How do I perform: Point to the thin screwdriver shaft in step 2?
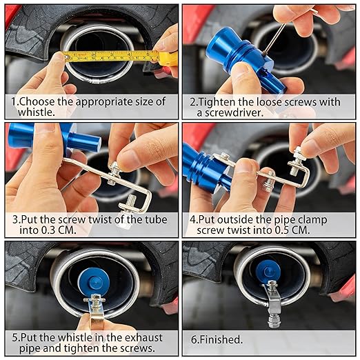point(274,39)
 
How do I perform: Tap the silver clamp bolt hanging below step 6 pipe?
point(274,303)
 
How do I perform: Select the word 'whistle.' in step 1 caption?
point(37,112)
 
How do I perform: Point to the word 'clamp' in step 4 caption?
point(312,220)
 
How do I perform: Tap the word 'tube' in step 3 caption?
point(156,219)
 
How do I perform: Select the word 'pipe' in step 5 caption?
point(30,349)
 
